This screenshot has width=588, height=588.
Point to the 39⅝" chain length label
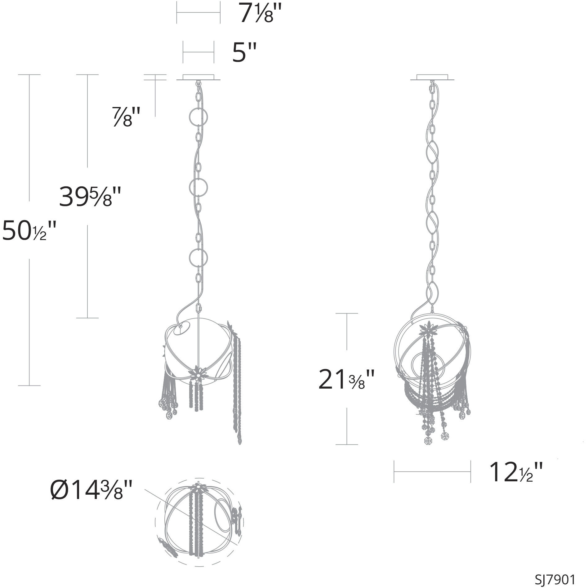pyautogui.click(x=90, y=196)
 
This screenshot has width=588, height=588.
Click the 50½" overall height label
pyautogui.click(x=29, y=230)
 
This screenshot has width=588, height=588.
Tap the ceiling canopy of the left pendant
pyautogui.click(x=198, y=77)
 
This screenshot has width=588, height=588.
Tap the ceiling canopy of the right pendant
pyautogui.click(x=432, y=77)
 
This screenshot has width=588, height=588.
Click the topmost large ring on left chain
pyautogui.click(x=198, y=117)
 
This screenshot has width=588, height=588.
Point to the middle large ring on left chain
pyautogui.click(x=198, y=187)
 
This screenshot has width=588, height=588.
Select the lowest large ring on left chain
pyautogui.click(x=198, y=257)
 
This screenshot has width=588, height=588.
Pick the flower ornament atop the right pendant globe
pyautogui.click(x=429, y=330)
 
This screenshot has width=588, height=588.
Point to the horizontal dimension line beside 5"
pyautogui.click(x=198, y=52)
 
